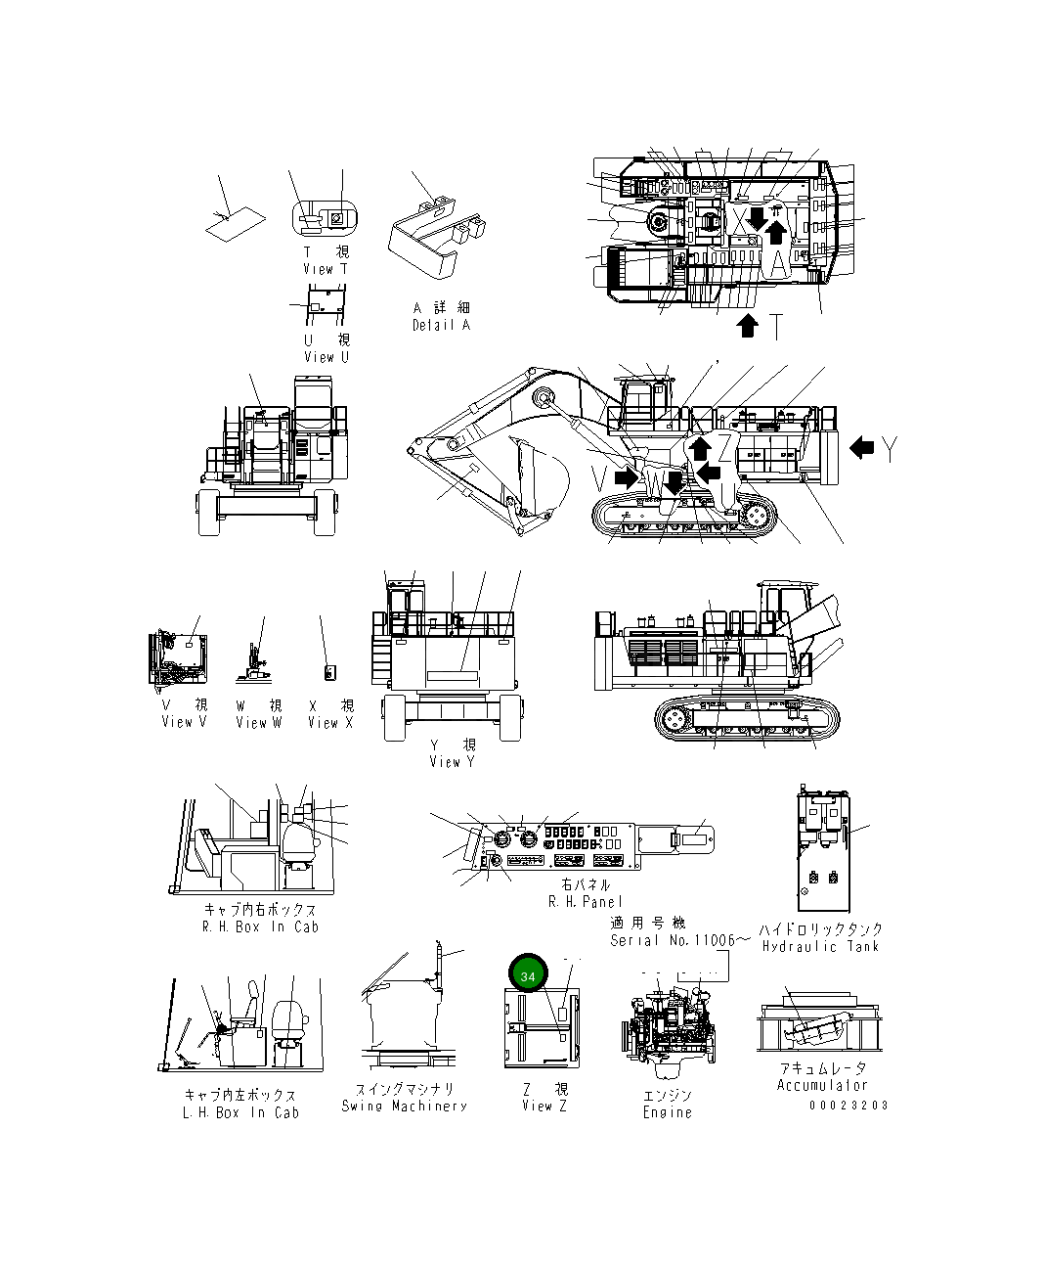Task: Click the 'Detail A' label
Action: (441, 325)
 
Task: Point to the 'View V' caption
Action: (184, 722)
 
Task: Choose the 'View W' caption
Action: (258, 722)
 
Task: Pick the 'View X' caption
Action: (330, 722)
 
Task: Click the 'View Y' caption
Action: (452, 761)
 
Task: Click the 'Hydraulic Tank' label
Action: (821, 946)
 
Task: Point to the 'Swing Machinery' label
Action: (405, 1106)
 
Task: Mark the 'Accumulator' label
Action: (822, 1085)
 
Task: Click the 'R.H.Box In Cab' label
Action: (260, 926)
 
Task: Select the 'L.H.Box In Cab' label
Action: (240, 1112)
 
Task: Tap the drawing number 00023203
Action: (848, 1105)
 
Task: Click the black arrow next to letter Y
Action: (861, 448)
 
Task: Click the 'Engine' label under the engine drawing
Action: (668, 1112)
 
